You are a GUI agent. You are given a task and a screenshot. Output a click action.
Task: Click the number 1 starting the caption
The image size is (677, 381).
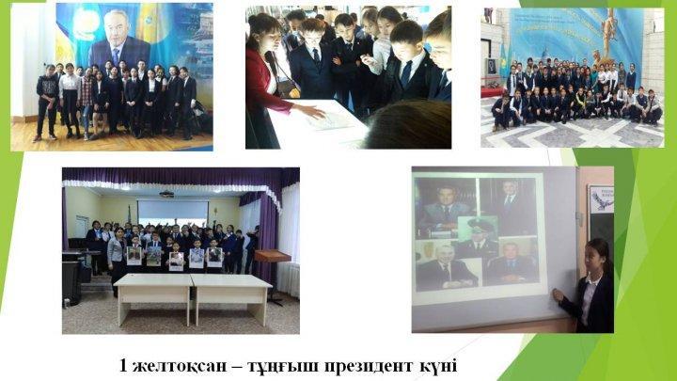pos(124,363)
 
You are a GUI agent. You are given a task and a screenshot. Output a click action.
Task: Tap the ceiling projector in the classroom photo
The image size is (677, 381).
pos(166,193)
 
